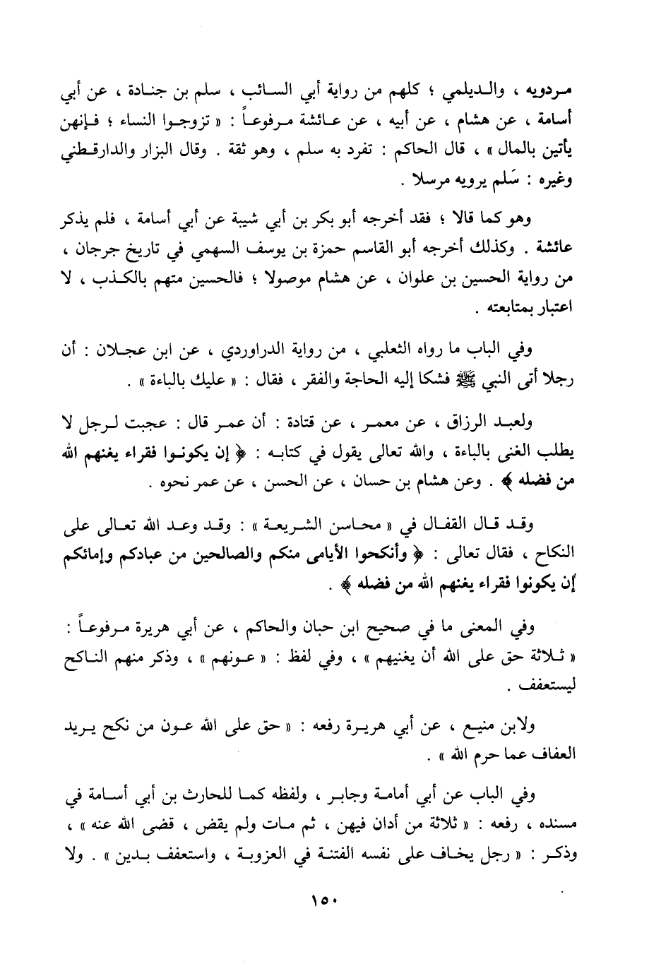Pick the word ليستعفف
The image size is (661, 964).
pyautogui.click(x=552, y=686)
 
